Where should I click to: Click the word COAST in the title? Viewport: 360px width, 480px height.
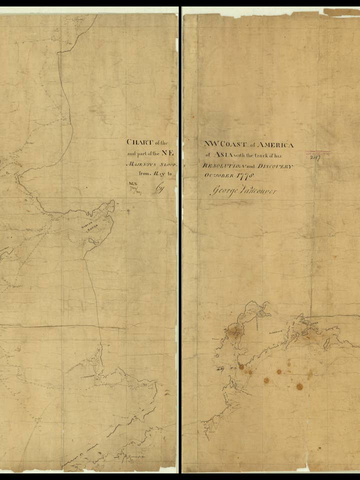point(230,144)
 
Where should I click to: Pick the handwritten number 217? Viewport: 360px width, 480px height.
point(315,156)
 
